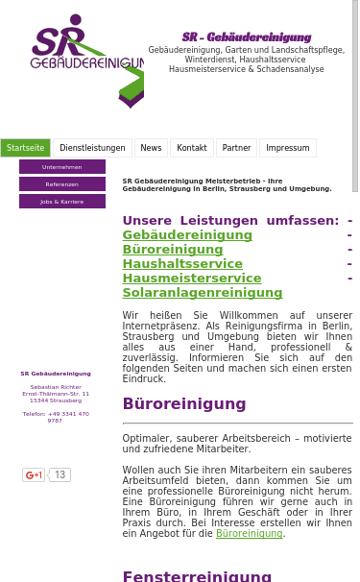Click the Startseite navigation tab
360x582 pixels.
coord(26,148)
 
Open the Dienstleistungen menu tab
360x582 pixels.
coord(92,148)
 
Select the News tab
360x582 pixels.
coord(151,148)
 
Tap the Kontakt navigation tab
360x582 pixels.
coord(192,148)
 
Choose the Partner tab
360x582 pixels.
coord(236,148)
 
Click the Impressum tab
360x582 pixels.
coord(287,148)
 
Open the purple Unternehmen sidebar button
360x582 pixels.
coord(62,167)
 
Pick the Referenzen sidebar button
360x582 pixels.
coord(62,184)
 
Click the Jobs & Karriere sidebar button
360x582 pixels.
coord(62,202)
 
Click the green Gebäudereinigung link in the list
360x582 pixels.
coord(187,235)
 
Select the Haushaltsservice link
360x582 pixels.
coord(182,264)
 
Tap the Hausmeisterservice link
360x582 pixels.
coord(192,279)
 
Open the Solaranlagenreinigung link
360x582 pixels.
coord(203,293)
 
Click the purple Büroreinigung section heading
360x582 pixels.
coord(184,404)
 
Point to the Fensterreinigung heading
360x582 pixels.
coord(197,576)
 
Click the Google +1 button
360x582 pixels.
coord(35,474)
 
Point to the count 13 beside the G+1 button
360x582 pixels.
coord(60,474)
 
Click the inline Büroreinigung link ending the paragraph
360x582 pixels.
coord(249,534)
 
